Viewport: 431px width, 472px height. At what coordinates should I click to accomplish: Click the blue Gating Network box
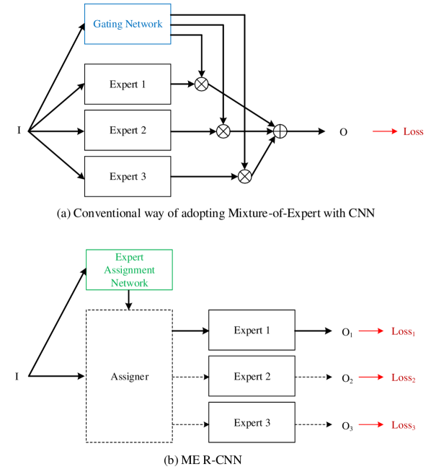pos(128,24)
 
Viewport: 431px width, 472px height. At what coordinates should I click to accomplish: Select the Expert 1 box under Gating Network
pos(128,84)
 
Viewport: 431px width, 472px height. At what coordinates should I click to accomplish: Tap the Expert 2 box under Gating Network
pos(128,131)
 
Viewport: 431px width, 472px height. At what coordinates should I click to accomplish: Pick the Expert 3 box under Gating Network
pos(128,177)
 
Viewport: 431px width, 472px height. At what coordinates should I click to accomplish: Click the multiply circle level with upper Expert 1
pos(202,84)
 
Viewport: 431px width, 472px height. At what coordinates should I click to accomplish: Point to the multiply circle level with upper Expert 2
pos(223,131)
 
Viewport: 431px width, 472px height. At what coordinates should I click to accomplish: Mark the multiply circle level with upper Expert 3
pos(245,177)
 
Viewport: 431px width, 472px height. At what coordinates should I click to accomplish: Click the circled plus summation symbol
pos(280,131)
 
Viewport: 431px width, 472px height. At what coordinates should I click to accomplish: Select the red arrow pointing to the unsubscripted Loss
pos(385,131)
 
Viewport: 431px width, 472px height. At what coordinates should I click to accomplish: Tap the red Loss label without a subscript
pos(413,131)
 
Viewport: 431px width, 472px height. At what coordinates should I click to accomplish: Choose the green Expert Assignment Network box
pos(129,270)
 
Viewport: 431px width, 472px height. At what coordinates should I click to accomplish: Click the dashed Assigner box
pos(130,376)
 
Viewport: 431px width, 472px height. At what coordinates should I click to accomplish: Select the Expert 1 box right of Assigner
pos(252,331)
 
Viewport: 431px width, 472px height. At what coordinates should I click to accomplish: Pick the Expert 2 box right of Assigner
pos(252,377)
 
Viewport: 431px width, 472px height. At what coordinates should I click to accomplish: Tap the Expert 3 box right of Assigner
pos(252,423)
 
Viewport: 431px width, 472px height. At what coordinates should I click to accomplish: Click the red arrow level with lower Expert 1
pos(371,331)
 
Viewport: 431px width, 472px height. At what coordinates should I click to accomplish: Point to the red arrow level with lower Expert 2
pos(371,377)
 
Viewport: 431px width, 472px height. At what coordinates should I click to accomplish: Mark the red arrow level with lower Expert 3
pos(371,425)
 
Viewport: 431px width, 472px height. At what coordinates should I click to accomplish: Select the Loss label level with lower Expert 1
pos(403,331)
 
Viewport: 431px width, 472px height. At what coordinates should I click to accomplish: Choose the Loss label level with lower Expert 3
pos(403,425)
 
